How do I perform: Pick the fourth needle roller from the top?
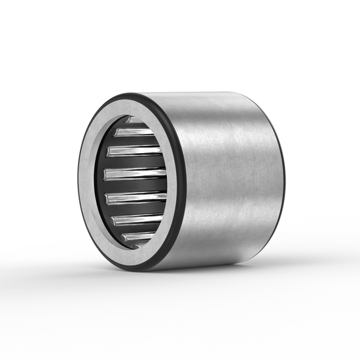tap(134, 174)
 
